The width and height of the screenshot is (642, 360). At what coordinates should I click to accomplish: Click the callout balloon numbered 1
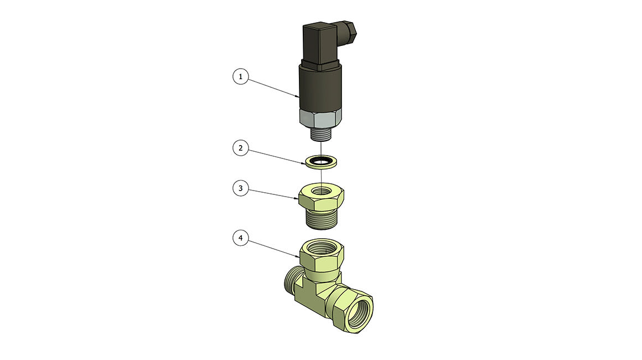click(x=241, y=76)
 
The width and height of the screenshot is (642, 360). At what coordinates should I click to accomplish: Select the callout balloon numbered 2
click(x=241, y=148)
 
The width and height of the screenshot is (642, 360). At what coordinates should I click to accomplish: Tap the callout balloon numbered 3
click(x=241, y=188)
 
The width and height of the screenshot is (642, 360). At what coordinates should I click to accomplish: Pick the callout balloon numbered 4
click(x=241, y=238)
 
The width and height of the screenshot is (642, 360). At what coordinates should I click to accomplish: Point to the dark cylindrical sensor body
click(x=320, y=88)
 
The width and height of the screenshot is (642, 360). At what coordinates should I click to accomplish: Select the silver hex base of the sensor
click(x=320, y=119)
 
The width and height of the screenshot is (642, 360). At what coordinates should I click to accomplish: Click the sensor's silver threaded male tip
click(x=322, y=135)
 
